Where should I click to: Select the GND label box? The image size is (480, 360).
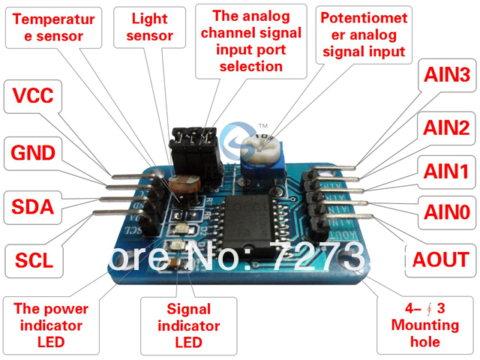[33, 153]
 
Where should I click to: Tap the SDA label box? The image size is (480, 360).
[33, 206]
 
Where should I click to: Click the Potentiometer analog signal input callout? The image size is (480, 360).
[361, 34]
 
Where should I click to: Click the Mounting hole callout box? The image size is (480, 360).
[424, 325]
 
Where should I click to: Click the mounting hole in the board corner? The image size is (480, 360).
[346, 259]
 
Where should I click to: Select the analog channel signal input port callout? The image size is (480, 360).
[257, 40]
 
